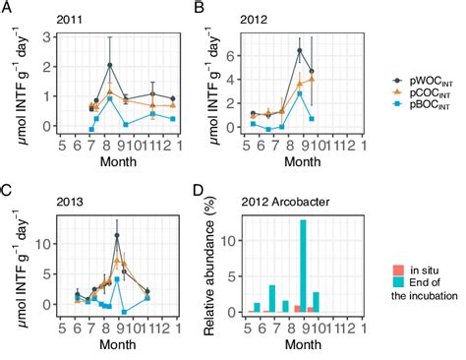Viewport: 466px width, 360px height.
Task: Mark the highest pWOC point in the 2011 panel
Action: point(110,66)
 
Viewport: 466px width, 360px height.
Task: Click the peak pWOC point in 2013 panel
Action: point(117,236)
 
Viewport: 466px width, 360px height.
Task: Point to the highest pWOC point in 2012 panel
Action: point(300,50)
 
